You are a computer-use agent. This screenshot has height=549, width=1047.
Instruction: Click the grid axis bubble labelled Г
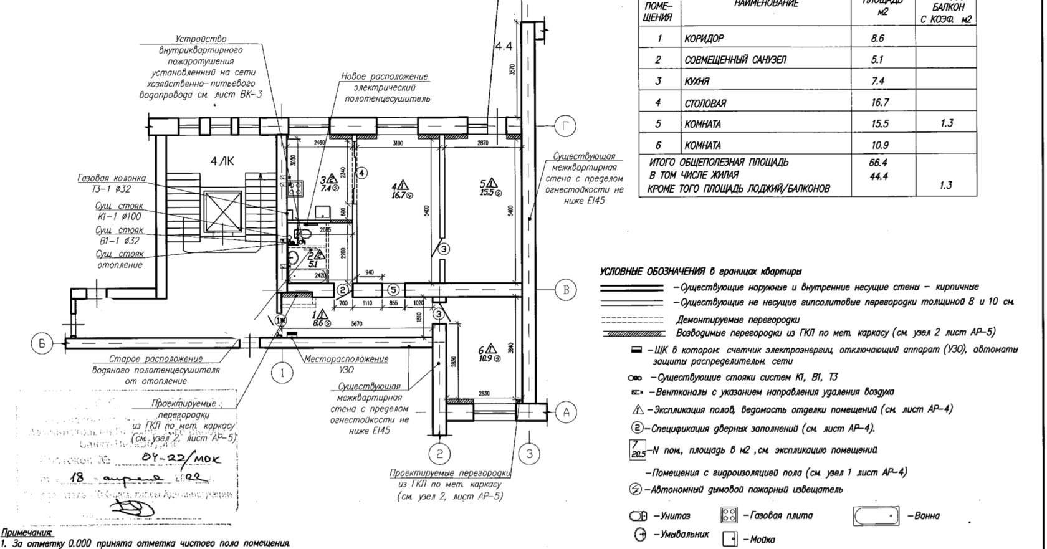565,127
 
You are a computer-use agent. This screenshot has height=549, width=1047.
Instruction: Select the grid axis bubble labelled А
566,412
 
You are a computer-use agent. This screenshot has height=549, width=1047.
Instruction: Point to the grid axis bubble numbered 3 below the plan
529,454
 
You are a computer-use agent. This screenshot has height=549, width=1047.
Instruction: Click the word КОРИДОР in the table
704,39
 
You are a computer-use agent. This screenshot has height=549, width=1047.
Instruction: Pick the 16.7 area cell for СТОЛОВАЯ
880,102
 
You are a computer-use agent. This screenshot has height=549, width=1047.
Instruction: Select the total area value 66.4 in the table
878,163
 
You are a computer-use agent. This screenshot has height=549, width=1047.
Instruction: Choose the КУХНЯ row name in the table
697,81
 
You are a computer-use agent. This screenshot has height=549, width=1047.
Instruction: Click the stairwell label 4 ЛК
222,161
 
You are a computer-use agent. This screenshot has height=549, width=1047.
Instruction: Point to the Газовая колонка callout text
112,178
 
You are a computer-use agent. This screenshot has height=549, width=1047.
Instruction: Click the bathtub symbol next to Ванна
877,516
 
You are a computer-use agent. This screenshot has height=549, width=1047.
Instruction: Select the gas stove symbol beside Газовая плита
729,515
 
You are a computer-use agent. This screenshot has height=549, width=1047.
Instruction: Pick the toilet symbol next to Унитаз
638,516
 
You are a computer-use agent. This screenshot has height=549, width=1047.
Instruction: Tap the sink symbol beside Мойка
730,539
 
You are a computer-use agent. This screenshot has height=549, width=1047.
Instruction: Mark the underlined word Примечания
27,533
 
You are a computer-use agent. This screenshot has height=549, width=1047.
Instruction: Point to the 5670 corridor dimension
356,323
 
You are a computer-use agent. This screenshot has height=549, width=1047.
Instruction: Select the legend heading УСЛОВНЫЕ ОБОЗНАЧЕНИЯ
653,272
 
